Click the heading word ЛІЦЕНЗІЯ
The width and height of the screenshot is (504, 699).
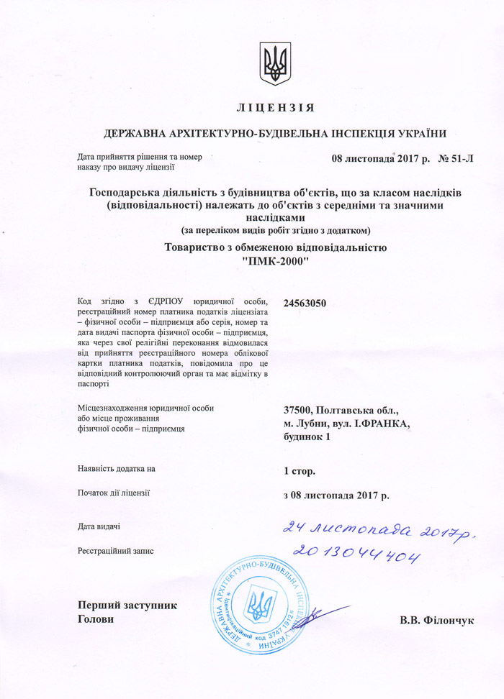275,108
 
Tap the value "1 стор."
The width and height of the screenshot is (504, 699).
300,471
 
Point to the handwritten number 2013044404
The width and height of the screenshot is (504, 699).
356,554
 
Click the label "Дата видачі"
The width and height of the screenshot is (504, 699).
99,527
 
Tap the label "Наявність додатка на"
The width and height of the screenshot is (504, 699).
116,469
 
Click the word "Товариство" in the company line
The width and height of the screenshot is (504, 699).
198,248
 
